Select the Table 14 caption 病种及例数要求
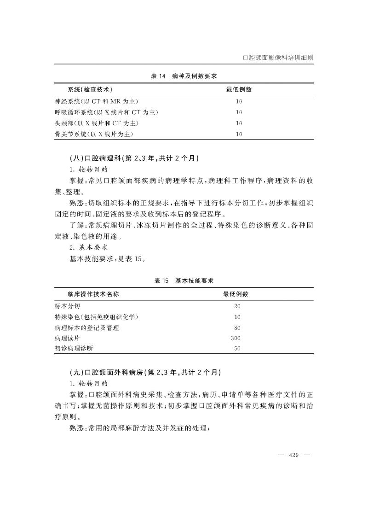pos(184,76)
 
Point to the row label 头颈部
pos(96,123)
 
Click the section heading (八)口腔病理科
pos(133,158)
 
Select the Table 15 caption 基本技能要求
pos(184,280)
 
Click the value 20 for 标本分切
pos(237,306)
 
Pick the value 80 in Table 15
pos(237,328)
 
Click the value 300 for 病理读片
pos(236,338)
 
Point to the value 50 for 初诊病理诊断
pos(237,349)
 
